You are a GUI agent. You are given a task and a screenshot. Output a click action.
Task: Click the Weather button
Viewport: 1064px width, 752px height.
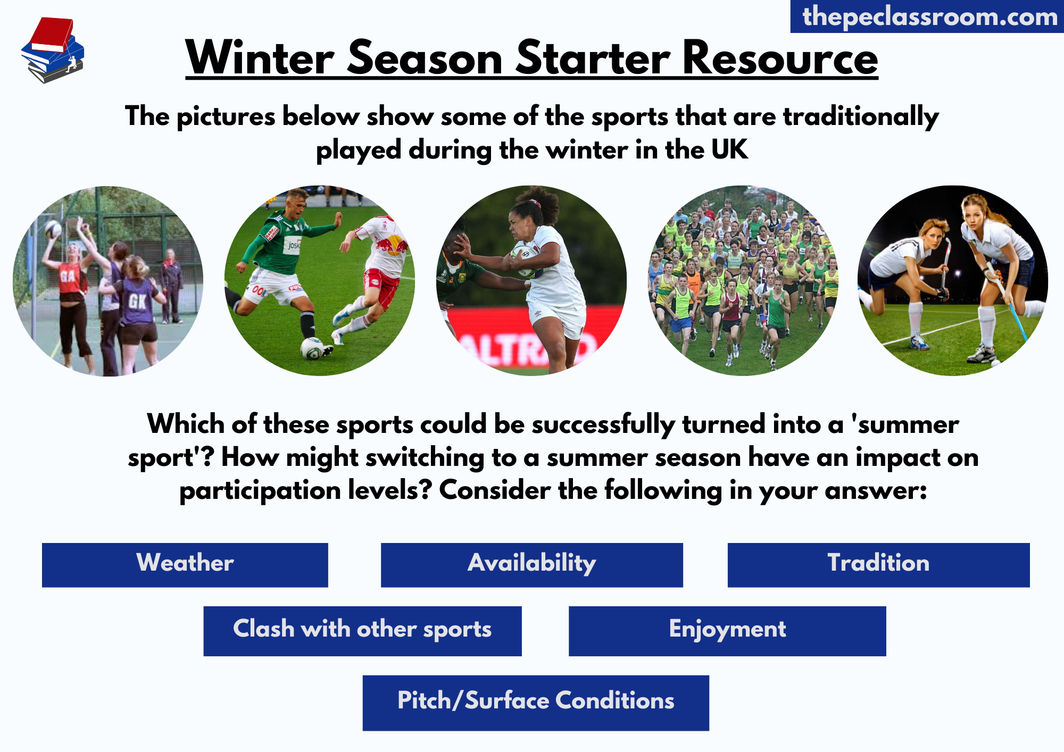pyautogui.click(x=185, y=565)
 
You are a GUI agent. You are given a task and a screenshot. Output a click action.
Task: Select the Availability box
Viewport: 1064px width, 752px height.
pyautogui.click(x=532, y=565)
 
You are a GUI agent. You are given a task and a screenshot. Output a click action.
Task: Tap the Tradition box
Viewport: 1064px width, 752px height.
pyautogui.click(x=878, y=565)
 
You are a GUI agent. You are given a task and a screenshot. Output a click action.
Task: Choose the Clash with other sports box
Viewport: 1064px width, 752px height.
pyautogui.click(x=362, y=631)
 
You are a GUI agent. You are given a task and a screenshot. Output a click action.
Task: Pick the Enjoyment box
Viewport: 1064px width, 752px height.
pyautogui.click(x=727, y=631)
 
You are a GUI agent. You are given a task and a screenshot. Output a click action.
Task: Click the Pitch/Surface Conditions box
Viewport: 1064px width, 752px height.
pyautogui.click(x=536, y=703)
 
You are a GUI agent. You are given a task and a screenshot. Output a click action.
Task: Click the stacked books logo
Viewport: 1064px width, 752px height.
pyautogui.click(x=53, y=50)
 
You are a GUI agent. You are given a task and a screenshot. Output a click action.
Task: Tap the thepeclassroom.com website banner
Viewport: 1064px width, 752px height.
pyautogui.click(x=927, y=16)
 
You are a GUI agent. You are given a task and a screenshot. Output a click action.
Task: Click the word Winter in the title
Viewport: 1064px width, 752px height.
pyautogui.click(x=260, y=58)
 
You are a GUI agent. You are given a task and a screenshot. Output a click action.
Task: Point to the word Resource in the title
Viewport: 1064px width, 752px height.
pyautogui.click(x=780, y=58)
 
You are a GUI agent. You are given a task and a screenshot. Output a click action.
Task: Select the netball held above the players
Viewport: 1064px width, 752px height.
pyautogui.click(x=54, y=229)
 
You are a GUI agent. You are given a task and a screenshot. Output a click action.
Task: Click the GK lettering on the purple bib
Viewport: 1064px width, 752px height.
pyautogui.click(x=137, y=302)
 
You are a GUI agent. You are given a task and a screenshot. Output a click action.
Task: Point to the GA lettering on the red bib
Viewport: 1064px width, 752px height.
pyautogui.click(x=68, y=276)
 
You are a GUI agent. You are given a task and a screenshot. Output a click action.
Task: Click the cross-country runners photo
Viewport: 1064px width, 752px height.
pyautogui.click(x=743, y=281)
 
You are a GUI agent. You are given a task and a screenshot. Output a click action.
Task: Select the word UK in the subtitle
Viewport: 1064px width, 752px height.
pyautogui.click(x=730, y=149)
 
